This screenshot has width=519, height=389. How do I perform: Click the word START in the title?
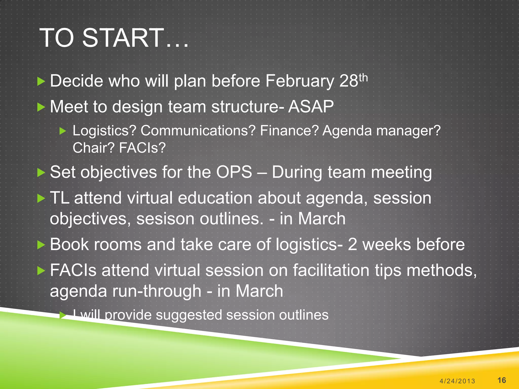point(123,38)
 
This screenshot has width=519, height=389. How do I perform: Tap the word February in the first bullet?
point(300,81)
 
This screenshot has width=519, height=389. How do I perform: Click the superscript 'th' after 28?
point(363,78)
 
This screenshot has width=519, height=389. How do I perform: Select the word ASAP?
point(311,106)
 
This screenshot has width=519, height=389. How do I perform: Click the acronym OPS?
point(234,172)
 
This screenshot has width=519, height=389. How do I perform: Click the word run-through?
point(157,291)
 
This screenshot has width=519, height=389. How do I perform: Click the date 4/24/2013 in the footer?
point(457,381)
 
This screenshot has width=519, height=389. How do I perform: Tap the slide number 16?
point(502,380)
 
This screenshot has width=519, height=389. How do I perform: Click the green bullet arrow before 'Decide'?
point(41,82)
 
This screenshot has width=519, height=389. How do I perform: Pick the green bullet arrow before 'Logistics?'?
point(63,131)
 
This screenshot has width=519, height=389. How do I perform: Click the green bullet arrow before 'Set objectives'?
point(41,173)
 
